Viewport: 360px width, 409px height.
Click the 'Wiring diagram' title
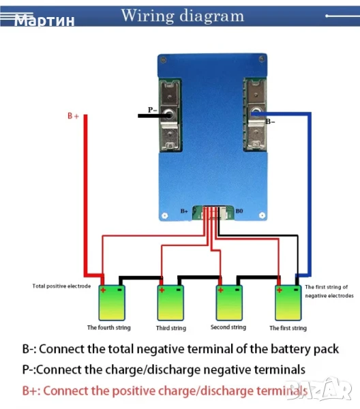tap(183, 16)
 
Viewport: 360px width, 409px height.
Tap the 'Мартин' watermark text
tap(44, 20)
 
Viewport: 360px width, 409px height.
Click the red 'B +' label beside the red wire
tap(73, 116)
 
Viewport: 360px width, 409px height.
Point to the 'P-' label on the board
tap(152, 110)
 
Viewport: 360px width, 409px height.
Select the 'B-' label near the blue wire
tap(270, 121)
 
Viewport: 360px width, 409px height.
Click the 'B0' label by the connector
tap(239, 211)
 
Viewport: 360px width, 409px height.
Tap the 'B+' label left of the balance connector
tap(184, 211)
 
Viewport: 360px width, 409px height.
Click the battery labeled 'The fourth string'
tap(112, 303)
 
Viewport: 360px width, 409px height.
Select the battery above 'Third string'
tap(170, 303)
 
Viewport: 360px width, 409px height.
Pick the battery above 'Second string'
tap(229, 303)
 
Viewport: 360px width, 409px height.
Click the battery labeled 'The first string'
tap(288, 303)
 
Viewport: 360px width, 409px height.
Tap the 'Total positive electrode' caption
tap(61, 286)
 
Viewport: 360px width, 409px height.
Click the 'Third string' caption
tap(171, 328)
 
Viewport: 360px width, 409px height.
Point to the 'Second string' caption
tap(228, 327)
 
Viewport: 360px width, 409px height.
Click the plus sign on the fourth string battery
tap(103, 290)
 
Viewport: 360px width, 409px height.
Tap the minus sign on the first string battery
tap(297, 290)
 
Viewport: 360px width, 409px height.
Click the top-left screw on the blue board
tap(164, 60)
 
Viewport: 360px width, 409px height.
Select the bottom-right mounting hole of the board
tap(262, 215)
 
